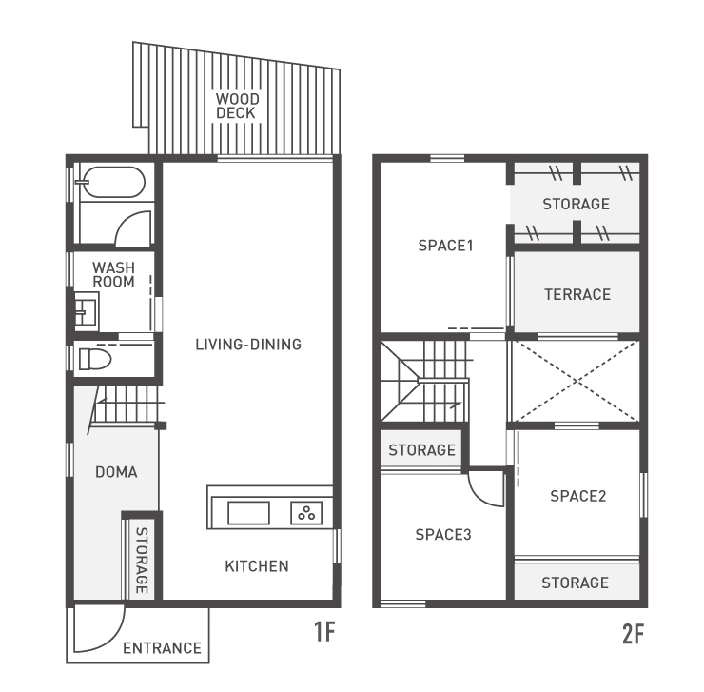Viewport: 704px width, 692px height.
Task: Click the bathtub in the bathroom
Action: click(x=114, y=182)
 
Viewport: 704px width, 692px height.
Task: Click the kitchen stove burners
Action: click(x=306, y=513)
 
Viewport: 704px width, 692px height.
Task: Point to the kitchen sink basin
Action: click(x=248, y=513)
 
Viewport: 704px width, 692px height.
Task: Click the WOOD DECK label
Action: click(x=237, y=106)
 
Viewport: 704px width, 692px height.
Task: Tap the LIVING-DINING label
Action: click(x=248, y=345)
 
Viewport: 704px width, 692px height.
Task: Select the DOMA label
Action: click(x=116, y=472)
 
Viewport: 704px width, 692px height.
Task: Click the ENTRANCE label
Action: click(x=162, y=648)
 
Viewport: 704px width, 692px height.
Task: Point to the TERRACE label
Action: click(x=577, y=294)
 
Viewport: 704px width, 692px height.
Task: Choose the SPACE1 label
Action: click(x=445, y=246)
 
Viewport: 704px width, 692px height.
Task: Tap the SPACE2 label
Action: click(x=577, y=496)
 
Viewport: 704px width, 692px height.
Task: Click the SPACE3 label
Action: click(x=443, y=534)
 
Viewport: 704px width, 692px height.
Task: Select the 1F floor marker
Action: click(x=324, y=632)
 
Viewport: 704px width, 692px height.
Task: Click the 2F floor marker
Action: click(x=633, y=634)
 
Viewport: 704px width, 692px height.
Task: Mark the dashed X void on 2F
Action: click(x=576, y=381)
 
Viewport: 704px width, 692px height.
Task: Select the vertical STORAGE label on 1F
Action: click(x=142, y=560)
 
